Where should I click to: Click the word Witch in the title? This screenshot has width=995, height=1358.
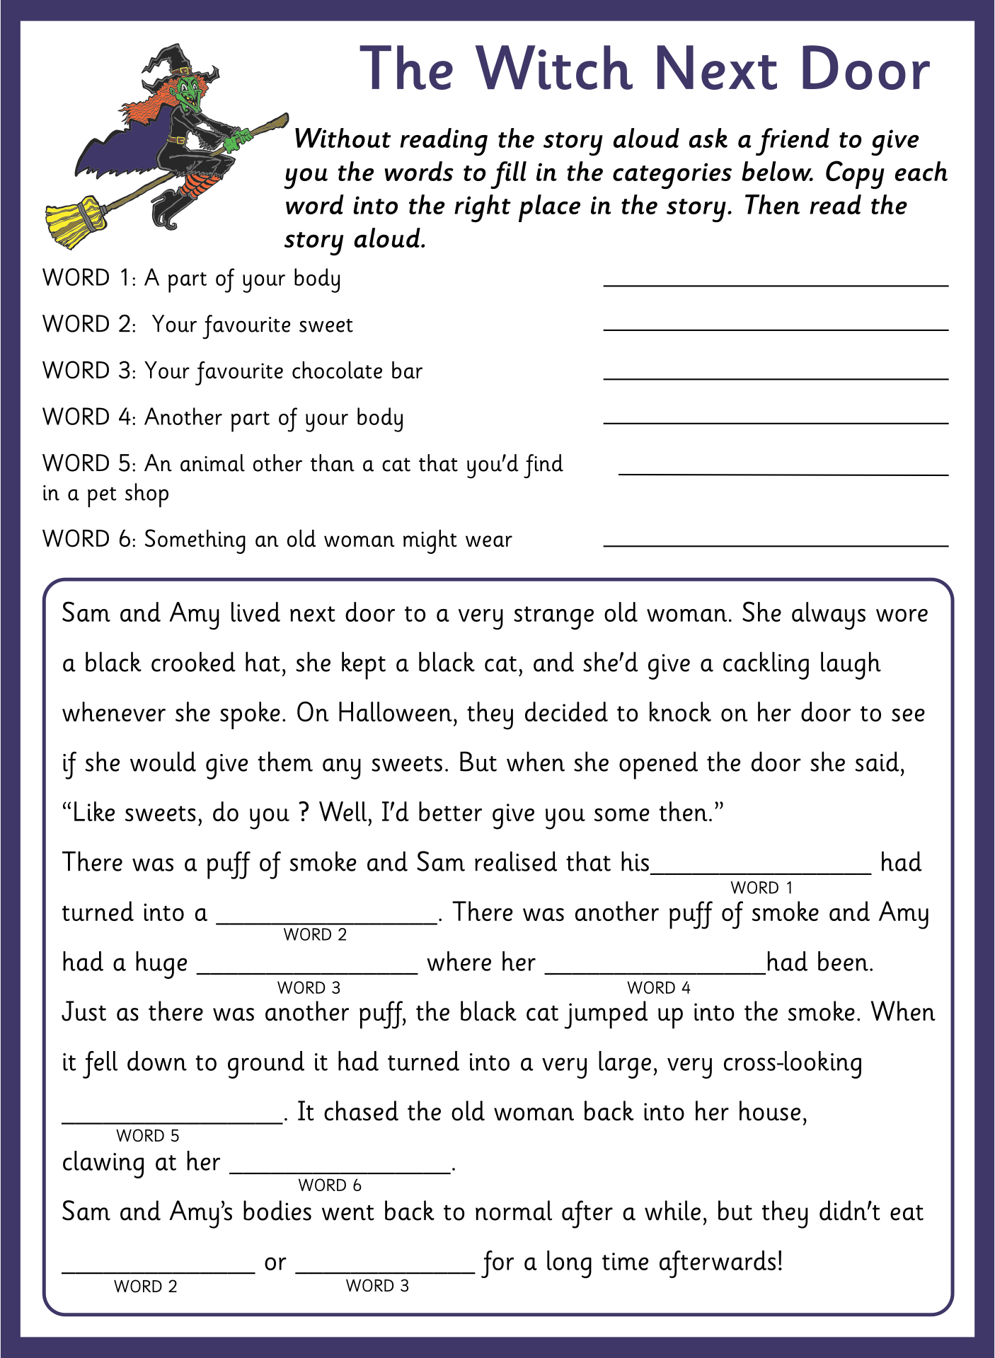553,69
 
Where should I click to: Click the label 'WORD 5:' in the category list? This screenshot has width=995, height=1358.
88,464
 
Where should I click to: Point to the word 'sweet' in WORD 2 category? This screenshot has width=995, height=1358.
325,325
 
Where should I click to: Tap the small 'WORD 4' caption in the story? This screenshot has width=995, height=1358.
658,987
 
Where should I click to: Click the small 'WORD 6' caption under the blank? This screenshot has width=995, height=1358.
330,1185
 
